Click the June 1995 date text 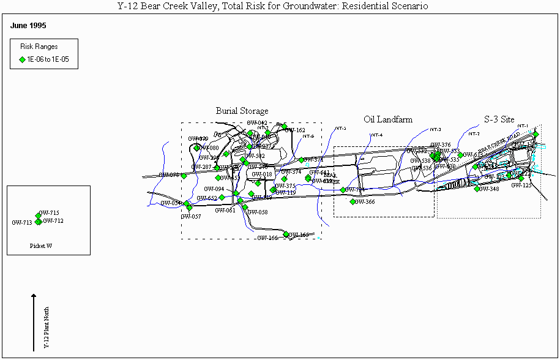click(x=29, y=26)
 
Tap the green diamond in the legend click(x=22, y=59)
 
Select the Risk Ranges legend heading click(x=39, y=47)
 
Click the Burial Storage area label click(x=242, y=111)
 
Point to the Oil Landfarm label click(x=388, y=119)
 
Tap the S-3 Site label click(x=499, y=120)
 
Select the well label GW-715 click(x=49, y=213)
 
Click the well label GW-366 click(x=365, y=202)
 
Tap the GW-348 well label click(x=490, y=189)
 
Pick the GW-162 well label click(x=296, y=130)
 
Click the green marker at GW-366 click(x=353, y=201)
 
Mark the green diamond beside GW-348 click(x=477, y=189)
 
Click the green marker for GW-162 click(x=285, y=127)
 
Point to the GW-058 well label click(x=258, y=212)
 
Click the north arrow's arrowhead click(x=34, y=296)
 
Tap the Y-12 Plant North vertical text click(x=47, y=327)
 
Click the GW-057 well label click(x=191, y=217)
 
